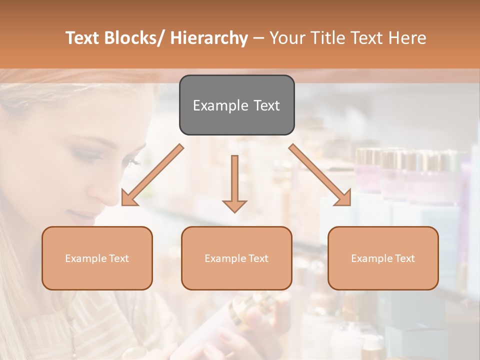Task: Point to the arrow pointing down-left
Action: tap(152, 175)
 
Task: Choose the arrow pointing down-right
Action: tap(319, 175)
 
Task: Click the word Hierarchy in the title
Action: tap(209, 38)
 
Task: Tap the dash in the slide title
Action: tap(258, 38)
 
